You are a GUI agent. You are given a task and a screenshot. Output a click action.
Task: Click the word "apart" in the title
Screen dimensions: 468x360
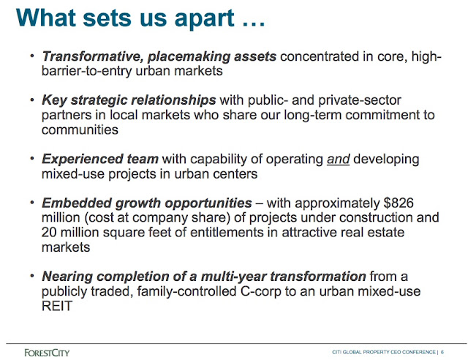(204, 19)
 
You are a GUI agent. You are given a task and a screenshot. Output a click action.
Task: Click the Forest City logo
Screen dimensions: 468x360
(47, 353)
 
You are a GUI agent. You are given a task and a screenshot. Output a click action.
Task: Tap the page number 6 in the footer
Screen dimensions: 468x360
(442, 352)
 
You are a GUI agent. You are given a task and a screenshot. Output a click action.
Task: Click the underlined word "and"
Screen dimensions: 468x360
(338, 160)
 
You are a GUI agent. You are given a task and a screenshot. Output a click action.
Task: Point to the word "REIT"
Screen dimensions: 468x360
(57, 306)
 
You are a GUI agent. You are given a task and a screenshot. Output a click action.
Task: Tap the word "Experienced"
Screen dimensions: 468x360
(83, 160)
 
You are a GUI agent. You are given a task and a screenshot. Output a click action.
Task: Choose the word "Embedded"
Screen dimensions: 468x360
(77, 203)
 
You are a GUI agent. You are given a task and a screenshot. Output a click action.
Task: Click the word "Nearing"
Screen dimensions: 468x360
(67, 277)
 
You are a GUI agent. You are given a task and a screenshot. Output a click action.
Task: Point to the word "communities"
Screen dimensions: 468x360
(80, 130)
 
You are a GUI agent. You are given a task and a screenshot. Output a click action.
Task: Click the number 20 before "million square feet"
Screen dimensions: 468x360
(49, 233)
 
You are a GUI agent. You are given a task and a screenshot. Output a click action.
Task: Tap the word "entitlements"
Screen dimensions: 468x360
(227, 233)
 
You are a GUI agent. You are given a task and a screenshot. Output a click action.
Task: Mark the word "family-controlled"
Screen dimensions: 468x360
(187, 291)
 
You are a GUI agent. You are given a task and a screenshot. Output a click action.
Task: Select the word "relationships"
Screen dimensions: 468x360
(173, 100)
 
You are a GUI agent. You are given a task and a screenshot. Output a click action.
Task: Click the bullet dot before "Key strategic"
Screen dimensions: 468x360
(32, 100)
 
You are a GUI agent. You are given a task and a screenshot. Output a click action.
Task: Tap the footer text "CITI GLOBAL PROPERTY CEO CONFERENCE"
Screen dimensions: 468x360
(384, 352)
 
